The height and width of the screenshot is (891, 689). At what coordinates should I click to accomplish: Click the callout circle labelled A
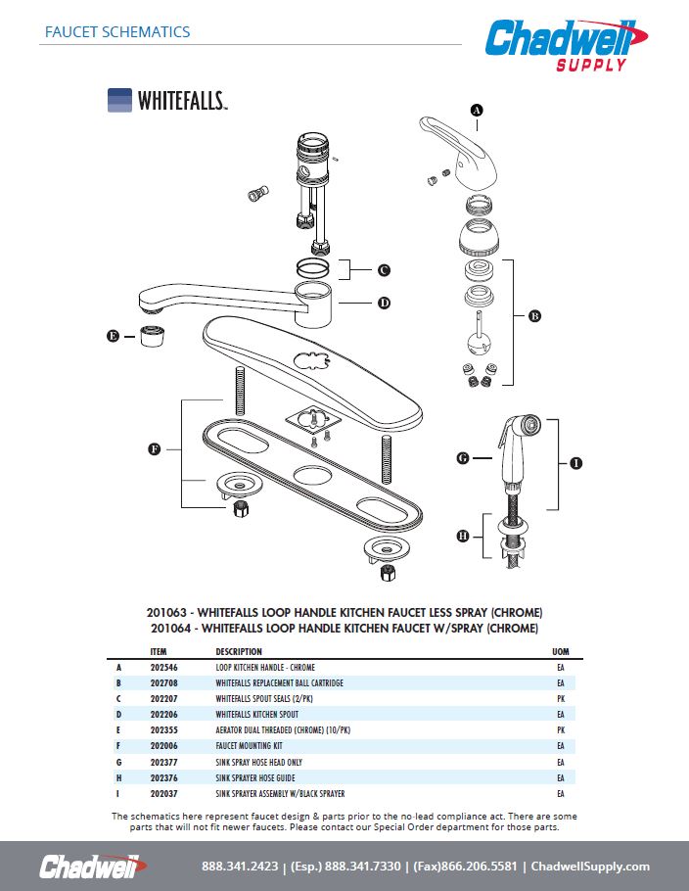click(477, 111)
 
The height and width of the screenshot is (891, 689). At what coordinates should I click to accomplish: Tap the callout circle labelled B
click(534, 316)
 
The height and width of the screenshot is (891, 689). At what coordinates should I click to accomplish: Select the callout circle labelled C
click(384, 270)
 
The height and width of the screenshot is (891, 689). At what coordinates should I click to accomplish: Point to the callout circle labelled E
click(114, 337)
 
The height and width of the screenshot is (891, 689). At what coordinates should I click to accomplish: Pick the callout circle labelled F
click(155, 449)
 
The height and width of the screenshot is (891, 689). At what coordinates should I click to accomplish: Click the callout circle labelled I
click(575, 463)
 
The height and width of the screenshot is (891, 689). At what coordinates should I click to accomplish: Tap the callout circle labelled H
click(464, 536)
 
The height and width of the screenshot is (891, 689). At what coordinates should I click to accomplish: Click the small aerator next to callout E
click(151, 337)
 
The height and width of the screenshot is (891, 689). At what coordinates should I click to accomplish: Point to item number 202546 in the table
click(163, 668)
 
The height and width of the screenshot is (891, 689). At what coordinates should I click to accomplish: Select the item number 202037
click(163, 793)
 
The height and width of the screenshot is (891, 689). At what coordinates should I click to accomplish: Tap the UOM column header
click(561, 651)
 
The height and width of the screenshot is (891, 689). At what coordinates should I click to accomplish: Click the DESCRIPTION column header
click(239, 651)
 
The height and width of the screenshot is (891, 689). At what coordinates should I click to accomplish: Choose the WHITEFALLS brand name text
click(182, 101)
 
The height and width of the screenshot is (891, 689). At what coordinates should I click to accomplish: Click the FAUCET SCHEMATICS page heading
click(117, 31)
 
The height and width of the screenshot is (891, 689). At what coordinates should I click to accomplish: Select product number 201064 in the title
click(171, 628)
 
